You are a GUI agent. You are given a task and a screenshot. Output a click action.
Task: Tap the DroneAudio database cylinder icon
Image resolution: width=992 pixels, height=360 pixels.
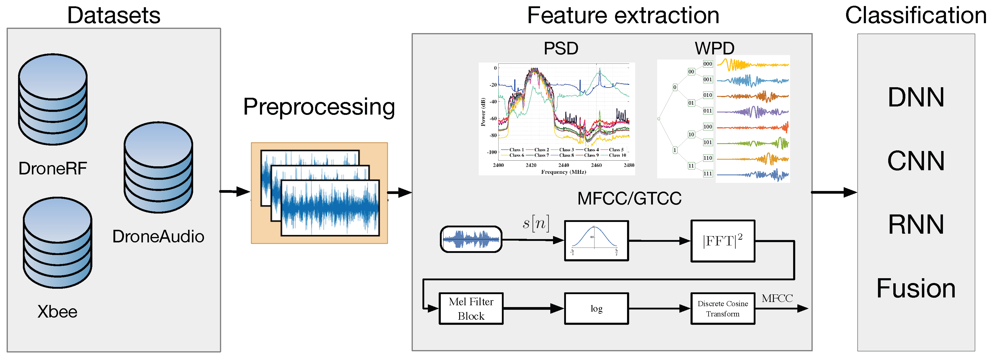click(158, 168)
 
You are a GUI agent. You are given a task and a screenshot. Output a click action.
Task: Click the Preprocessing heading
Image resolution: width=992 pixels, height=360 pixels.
click(319, 107)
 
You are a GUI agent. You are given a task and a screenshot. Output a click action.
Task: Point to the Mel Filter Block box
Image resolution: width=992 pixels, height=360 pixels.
click(471, 308)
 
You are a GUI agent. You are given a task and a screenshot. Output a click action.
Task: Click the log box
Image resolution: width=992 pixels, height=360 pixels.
click(596, 308)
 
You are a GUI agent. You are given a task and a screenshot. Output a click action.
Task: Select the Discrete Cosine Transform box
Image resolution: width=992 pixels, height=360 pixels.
click(722, 308)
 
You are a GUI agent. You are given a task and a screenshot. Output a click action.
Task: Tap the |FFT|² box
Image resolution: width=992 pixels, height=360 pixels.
click(722, 241)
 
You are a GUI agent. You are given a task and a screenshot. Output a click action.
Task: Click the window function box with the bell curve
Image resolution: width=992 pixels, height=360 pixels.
click(596, 241)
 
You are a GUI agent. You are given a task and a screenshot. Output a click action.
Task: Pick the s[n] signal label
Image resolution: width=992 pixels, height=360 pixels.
click(536, 223)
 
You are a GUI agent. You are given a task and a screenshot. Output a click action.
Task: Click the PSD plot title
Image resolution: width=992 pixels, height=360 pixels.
click(561, 48)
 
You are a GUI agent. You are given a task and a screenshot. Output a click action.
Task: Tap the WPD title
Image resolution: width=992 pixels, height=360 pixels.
click(714, 48)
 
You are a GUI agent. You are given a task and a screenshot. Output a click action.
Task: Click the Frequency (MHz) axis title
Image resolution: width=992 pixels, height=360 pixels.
click(563, 172)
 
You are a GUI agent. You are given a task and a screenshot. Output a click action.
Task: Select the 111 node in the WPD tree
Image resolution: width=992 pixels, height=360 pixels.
click(707, 174)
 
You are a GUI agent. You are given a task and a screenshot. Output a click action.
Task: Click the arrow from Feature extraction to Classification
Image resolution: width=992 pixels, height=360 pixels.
click(834, 192)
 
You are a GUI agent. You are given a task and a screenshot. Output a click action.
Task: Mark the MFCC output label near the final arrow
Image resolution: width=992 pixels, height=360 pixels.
click(777, 298)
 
